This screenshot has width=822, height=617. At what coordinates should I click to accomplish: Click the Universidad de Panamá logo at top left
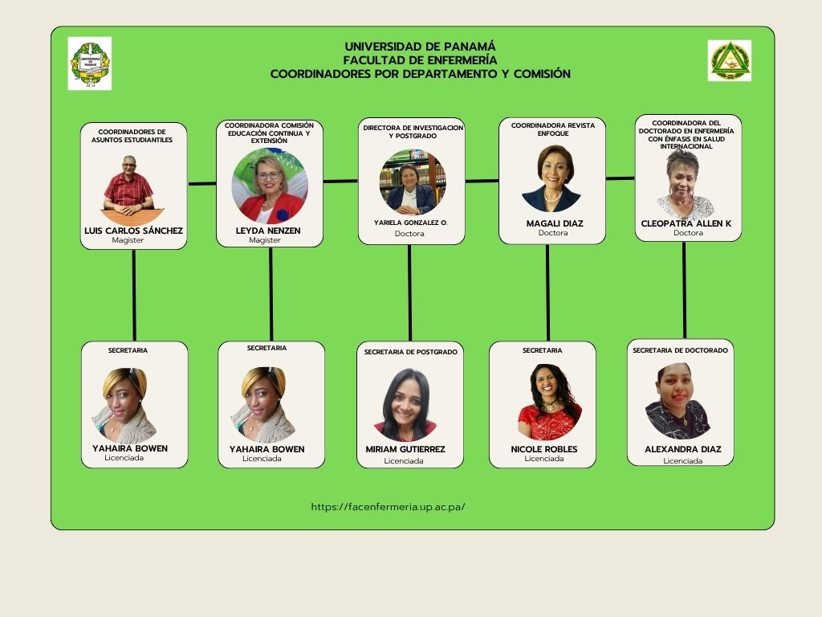pos(90,63)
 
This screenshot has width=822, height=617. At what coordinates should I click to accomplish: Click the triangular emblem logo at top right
pos(729,61)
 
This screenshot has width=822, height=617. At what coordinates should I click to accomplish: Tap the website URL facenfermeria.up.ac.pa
pos(388,507)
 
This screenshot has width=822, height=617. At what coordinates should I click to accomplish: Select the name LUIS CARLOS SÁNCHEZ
pos(133,231)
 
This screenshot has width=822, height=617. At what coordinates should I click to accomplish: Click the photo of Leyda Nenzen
pos(270,186)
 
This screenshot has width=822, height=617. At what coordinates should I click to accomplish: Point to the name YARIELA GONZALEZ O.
pos(410,222)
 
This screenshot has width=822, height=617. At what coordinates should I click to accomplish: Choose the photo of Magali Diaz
pos(551,178)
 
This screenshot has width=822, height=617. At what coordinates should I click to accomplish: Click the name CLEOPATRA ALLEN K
pos(686,223)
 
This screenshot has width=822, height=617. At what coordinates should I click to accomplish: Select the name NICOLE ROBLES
pos(543,449)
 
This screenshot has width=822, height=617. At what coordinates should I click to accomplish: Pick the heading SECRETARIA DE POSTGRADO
pos(410,352)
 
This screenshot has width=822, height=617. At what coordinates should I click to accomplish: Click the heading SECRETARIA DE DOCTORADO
pos(680,350)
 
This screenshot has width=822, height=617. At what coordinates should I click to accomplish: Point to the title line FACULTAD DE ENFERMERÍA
pos(420,59)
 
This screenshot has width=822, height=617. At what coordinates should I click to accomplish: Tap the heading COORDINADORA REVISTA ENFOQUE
pos(552,129)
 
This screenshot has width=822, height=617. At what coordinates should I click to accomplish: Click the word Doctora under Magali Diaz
pos(552,233)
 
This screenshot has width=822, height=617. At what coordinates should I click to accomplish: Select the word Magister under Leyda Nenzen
pos(265,240)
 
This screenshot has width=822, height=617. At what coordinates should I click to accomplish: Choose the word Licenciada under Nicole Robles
pos(543,459)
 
